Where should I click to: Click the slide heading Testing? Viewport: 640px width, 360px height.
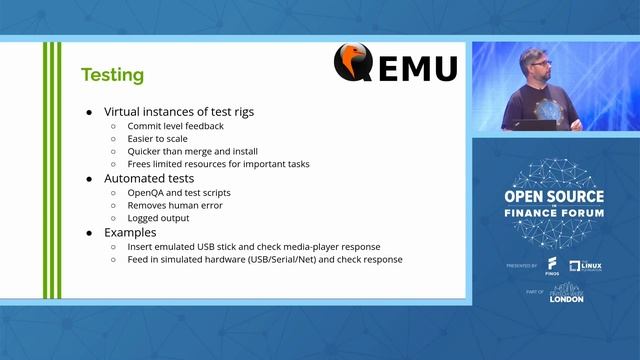pos(112,75)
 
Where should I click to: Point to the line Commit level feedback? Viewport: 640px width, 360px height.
pos(174,127)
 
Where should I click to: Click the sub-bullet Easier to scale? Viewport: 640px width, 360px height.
pos(158,139)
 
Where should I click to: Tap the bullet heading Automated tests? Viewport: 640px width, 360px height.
pos(148,177)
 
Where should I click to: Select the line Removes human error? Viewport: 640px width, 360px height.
pos(174,205)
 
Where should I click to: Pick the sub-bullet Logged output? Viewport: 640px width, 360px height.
pos(159,218)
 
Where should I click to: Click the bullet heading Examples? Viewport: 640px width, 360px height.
pos(131,232)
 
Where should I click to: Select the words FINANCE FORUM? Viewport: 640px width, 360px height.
pos(555,214)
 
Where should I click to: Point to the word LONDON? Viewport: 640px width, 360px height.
pos(566,299)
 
